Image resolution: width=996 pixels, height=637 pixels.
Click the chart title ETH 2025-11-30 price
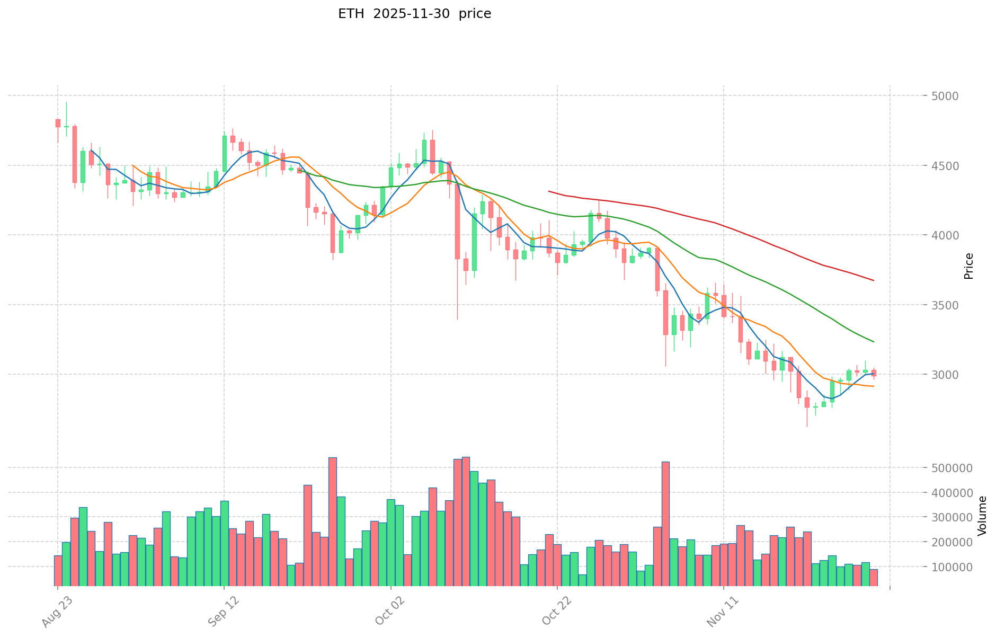tap(414, 14)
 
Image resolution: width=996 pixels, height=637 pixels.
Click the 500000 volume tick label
tap(950, 468)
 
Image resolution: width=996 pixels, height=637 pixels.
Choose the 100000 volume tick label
tap(950, 567)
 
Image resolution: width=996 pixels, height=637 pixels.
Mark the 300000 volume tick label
tap(950, 517)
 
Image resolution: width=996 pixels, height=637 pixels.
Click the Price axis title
tap(969, 266)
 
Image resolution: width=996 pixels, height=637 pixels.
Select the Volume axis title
tap(982, 516)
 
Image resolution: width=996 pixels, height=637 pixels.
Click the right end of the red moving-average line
tap(874, 280)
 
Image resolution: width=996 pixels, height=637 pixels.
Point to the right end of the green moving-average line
tap(874, 341)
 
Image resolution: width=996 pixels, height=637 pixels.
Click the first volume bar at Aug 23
tap(58, 571)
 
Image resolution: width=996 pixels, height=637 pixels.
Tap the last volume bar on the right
tap(874, 578)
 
